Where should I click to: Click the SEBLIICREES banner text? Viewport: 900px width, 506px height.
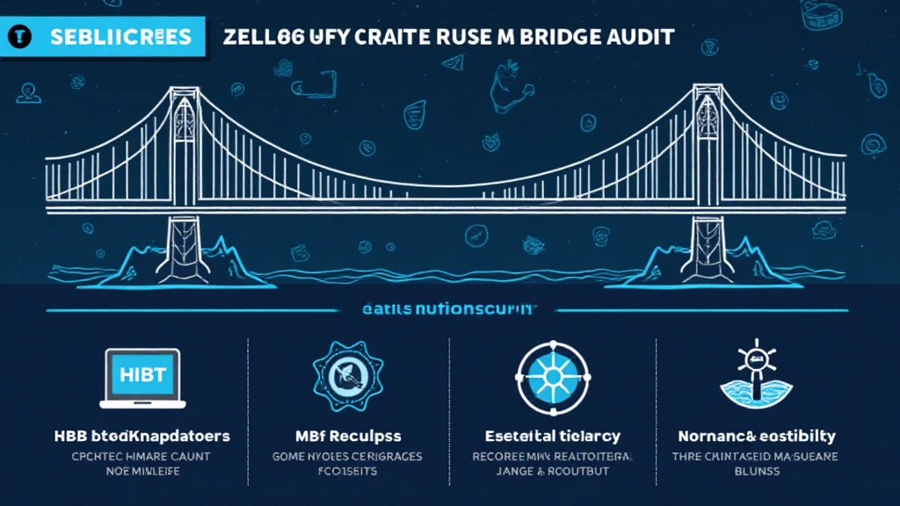coord(121,38)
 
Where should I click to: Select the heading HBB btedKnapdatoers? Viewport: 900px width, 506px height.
coord(142,436)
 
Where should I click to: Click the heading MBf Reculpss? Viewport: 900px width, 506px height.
coord(348,436)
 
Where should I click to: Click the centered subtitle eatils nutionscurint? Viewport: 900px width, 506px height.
coord(449,310)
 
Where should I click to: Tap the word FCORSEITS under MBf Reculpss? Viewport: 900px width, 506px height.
coord(348,471)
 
